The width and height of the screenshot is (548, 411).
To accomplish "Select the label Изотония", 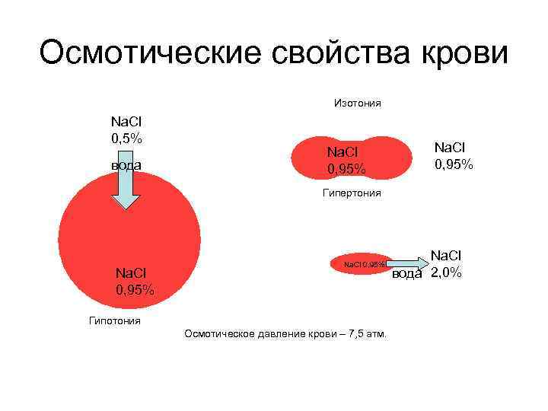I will pos(357,103).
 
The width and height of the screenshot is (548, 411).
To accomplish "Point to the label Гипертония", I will pos(351,193).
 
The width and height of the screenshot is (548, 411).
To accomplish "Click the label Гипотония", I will pos(115,320).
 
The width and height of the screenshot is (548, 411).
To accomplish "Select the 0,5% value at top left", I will pos(127,138).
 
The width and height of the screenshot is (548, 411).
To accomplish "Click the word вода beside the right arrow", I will pos(406,275).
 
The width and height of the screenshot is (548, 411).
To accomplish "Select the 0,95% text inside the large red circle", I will pos(135,290).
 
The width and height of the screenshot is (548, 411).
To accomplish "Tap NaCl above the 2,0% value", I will pos(446,256).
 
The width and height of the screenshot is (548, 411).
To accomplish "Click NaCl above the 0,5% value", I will pos(126,121).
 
